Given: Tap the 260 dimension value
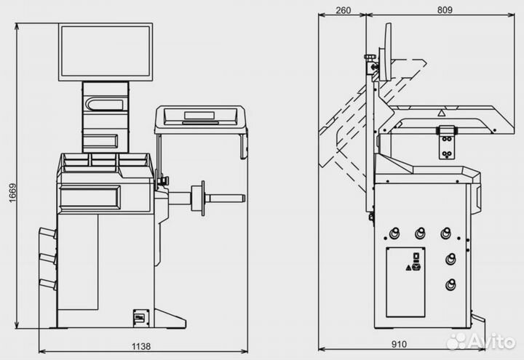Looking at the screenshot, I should pyautogui.click(x=344, y=9).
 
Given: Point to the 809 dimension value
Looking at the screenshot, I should pyautogui.click(x=445, y=9).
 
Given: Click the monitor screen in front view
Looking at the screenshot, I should pyautogui.click(x=106, y=52).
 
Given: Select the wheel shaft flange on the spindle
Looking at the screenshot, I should pyautogui.click(x=196, y=197).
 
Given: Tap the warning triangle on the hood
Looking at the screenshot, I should pyautogui.click(x=440, y=113).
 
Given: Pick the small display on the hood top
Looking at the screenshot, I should pyautogui.click(x=199, y=115).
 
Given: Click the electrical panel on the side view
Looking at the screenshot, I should pyautogui.click(x=405, y=281).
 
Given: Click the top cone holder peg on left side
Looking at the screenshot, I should pyautogui.click(x=47, y=233).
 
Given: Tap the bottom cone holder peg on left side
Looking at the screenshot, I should pyautogui.click(x=47, y=284).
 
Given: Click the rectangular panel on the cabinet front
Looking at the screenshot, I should pyautogui.click(x=90, y=197).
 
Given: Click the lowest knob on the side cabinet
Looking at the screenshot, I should pyautogui.click(x=451, y=284).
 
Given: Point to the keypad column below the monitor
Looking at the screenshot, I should pyautogui.click(x=105, y=116).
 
